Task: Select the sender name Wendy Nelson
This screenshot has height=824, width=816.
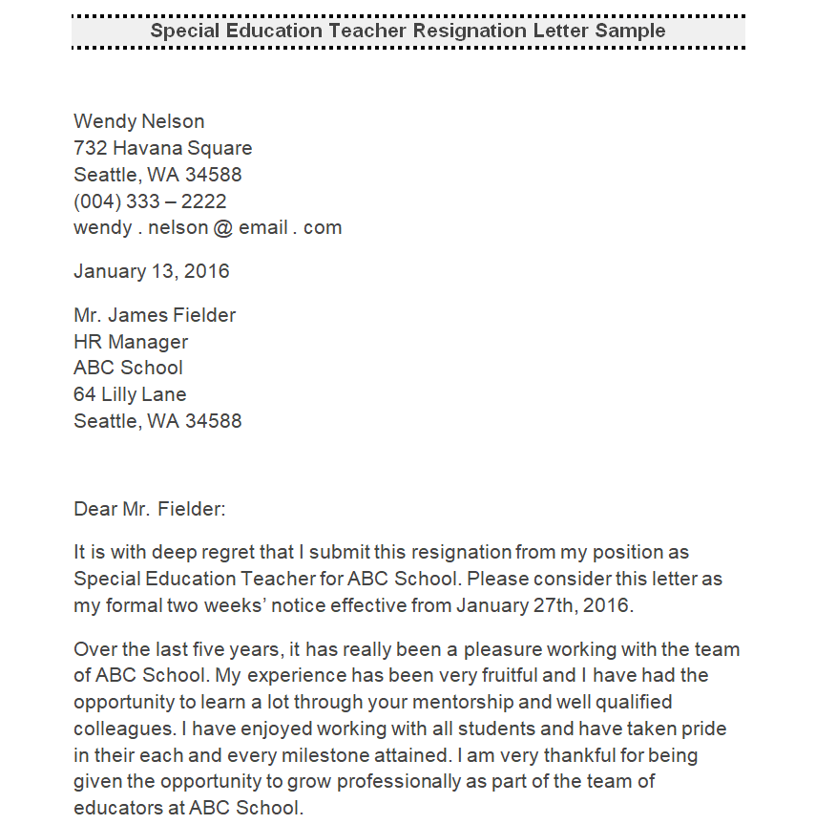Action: tap(139, 121)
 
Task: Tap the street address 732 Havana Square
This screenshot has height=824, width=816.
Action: tap(163, 148)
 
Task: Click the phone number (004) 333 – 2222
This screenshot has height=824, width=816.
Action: tap(150, 201)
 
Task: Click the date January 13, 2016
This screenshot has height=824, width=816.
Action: tap(152, 271)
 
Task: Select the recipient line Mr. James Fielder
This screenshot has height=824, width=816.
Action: tap(155, 315)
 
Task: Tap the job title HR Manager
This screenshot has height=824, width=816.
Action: tap(131, 342)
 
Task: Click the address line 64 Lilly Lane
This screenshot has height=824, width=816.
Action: tap(130, 394)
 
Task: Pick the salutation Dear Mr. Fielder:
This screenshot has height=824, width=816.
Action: tap(150, 509)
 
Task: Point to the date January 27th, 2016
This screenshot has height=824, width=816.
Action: tap(544, 605)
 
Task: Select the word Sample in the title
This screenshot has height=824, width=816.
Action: tap(630, 31)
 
